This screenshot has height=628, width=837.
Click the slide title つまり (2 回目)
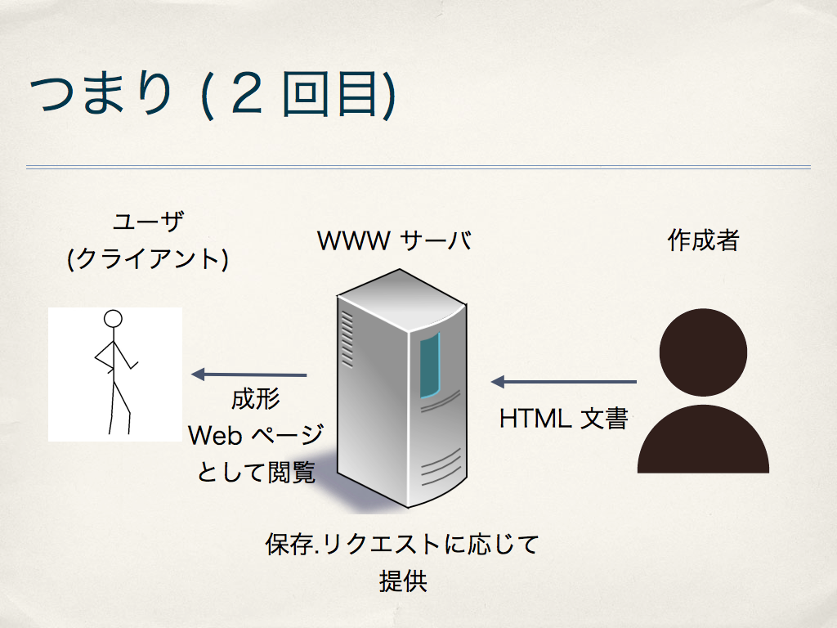coord(213,94)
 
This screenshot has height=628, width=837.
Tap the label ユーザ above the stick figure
coord(149,221)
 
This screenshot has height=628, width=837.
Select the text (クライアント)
coord(148,258)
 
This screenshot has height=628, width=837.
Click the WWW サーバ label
coord(395,240)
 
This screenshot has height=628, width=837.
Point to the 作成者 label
coord(704,240)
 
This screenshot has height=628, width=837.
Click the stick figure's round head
coord(113,319)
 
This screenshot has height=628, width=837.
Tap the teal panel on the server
coord(430,366)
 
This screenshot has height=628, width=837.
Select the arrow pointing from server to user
coord(249,375)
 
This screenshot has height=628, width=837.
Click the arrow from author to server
coord(564,381)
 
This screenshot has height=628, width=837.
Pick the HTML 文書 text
coord(564,418)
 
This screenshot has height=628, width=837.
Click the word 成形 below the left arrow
coord(256,399)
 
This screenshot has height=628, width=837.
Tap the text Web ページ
coord(256,435)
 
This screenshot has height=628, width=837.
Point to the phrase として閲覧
coord(256,472)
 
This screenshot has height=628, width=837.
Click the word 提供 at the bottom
coord(403,581)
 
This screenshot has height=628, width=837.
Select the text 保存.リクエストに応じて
coord(402,544)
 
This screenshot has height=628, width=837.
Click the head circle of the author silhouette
coord(703,352)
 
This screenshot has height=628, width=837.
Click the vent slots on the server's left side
coord(347,339)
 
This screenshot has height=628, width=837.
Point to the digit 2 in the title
coord(247,94)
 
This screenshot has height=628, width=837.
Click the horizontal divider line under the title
coord(418,167)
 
